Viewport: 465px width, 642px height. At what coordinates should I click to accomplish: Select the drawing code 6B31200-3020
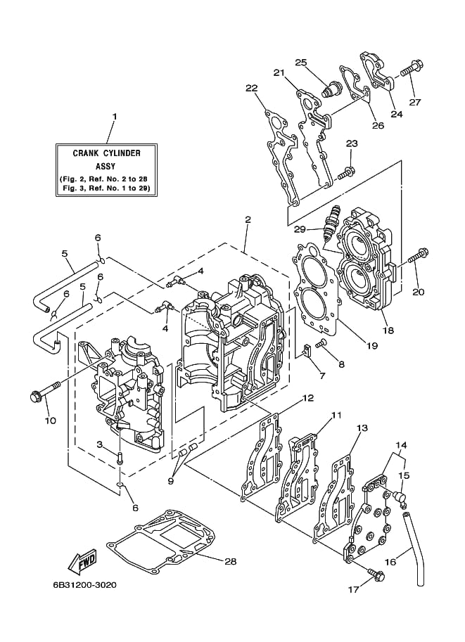[x=84, y=584]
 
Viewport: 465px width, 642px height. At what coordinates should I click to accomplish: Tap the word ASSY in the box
[x=106, y=167]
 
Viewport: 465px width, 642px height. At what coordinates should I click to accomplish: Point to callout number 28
[x=231, y=560]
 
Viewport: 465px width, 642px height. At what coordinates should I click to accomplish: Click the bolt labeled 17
[x=376, y=574]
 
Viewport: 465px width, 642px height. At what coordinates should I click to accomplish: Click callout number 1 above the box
[x=115, y=117]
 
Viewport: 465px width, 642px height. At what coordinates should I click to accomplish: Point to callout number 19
[x=371, y=346]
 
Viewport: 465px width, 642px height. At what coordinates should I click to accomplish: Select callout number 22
[x=252, y=88]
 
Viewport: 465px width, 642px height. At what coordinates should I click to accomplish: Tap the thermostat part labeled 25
[x=332, y=89]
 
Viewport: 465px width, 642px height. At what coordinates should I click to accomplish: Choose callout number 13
[x=362, y=428]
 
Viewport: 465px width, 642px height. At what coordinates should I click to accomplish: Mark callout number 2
[x=248, y=219]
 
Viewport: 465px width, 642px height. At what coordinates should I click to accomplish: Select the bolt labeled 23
[x=347, y=172]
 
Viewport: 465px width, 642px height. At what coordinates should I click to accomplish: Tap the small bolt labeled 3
[x=119, y=457]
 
